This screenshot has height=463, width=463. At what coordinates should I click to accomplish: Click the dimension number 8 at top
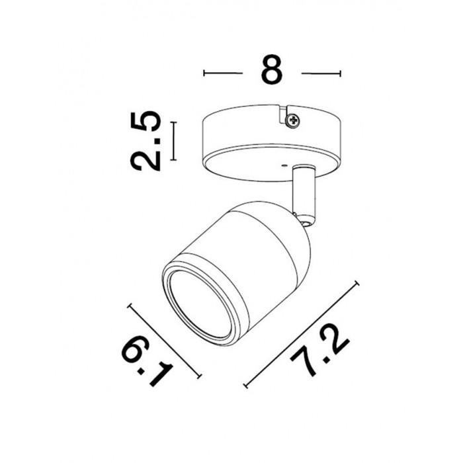point(272,69)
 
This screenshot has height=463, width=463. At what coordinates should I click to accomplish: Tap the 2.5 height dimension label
point(146,141)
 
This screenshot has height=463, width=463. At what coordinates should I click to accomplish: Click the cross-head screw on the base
point(293,120)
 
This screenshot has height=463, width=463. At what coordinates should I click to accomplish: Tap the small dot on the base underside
point(284,166)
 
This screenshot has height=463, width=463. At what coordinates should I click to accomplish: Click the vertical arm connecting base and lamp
point(304,192)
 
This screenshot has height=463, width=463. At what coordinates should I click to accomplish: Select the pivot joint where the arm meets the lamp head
point(305,223)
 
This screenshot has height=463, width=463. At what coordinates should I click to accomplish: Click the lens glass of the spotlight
point(201,304)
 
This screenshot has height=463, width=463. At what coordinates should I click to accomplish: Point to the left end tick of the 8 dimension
point(204,73)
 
